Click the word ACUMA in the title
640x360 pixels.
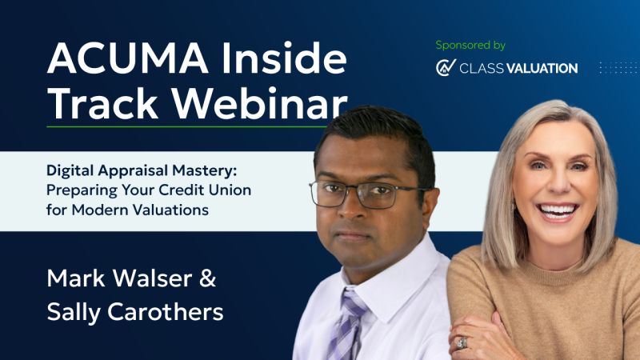[x=128, y=58]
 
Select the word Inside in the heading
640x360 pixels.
[x=284, y=58]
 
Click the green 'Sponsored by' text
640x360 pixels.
[x=470, y=46]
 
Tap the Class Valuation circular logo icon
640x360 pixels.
[x=446, y=67]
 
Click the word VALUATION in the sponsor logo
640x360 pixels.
[x=542, y=68]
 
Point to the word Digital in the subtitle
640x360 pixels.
[x=70, y=170]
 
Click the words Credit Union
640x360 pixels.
[x=205, y=190]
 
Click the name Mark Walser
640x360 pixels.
[x=119, y=278]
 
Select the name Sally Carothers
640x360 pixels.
[x=135, y=312]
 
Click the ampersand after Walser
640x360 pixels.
[x=208, y=278]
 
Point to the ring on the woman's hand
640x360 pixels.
[x=462, y=343]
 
